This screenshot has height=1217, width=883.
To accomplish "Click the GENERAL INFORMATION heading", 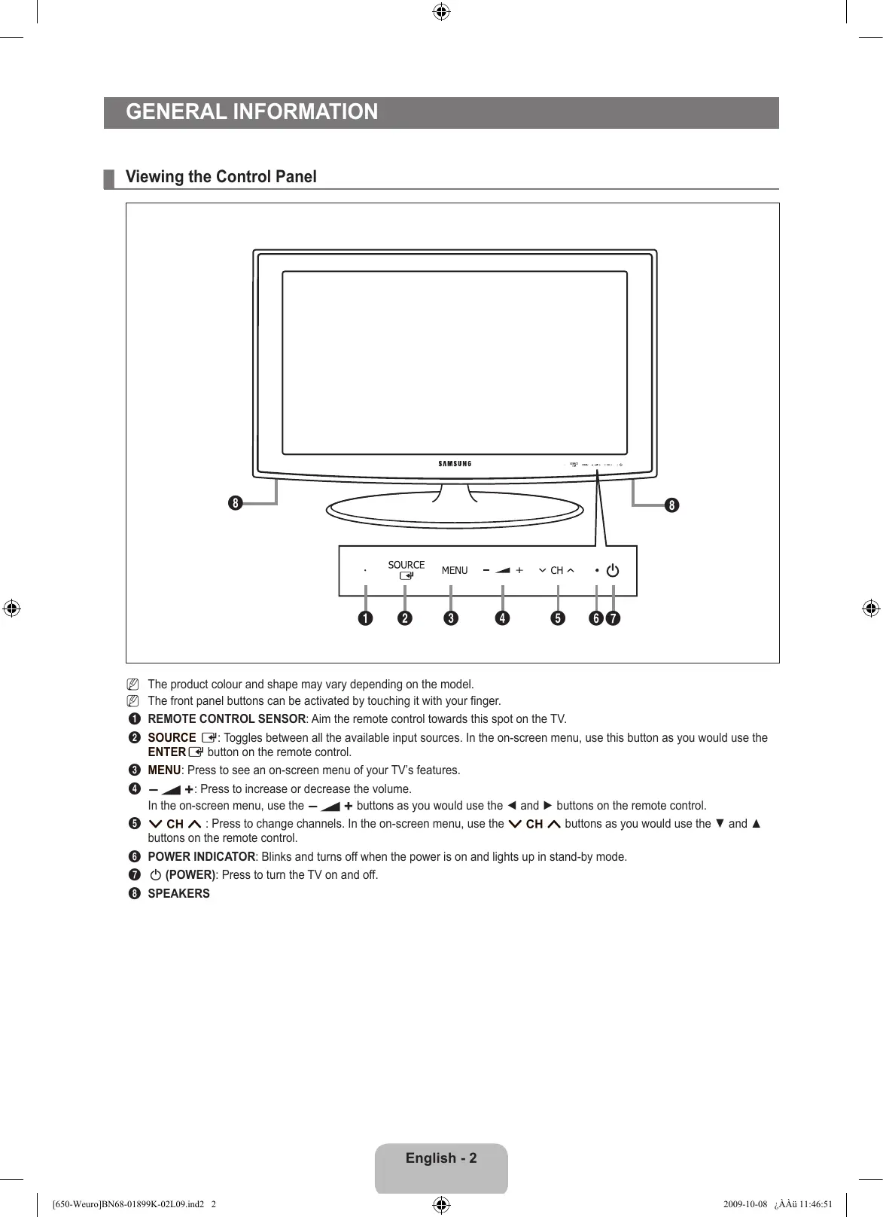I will pos(252,112).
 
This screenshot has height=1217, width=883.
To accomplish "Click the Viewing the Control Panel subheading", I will pos(221,177).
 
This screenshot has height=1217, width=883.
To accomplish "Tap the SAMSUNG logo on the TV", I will pos(455,464).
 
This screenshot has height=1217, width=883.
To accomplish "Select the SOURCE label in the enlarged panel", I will pos(406,565).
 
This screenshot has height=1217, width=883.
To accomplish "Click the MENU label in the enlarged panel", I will pos(455,571).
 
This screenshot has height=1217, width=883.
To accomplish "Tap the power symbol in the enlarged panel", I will pos(613,571).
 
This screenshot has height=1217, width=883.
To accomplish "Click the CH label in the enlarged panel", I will pos(556,571).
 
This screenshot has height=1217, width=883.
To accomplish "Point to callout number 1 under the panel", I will pos(365,618).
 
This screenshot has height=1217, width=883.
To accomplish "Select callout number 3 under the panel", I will pos(450,618).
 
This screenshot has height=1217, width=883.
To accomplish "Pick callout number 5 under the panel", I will pos(557,618).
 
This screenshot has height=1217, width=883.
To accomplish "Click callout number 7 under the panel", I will pos(614,618).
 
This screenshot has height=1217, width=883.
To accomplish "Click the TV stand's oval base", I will pos(454,512).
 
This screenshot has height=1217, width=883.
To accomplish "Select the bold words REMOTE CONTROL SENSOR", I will pos(227,719).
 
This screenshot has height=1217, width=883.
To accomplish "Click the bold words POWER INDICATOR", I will pos(201,857).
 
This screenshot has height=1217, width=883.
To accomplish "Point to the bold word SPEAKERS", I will pos(178,894).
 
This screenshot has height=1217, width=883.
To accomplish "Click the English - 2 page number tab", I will pos(441,1159).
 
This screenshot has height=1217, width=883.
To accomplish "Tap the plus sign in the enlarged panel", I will pos(519,571).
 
